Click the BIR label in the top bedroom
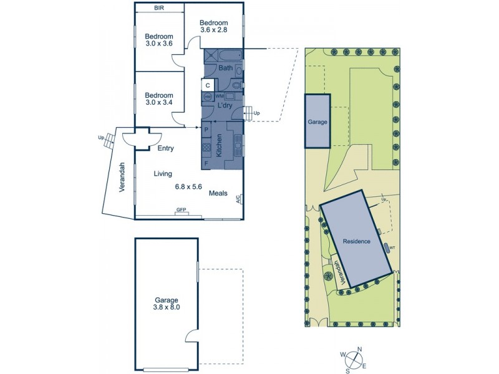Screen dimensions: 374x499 [x=159, y=8]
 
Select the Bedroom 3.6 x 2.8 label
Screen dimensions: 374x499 [x=218, y=26]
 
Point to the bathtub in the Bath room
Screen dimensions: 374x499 [x=231, y=56]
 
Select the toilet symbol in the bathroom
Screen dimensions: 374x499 [x=238, y=84]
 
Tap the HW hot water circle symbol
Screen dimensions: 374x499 [x=208, y=97]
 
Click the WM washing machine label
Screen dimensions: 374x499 [x=219, y=97]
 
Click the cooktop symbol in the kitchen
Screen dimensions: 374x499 [x=206, y=148]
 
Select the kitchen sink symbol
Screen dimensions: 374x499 [x=237, y=148]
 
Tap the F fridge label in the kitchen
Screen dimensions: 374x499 [x=205, y=163]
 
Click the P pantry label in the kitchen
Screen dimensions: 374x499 [x=206, y=130]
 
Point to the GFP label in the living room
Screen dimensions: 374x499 [x=182, y=210]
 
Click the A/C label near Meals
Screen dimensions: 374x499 [x=238, y=199]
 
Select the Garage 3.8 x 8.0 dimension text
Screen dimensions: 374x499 [x=167, y=302]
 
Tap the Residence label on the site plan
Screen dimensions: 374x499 [x=356, y=241]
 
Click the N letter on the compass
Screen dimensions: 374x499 [x=360, y=350]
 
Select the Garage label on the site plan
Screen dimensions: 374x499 [x=317, y=123]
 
